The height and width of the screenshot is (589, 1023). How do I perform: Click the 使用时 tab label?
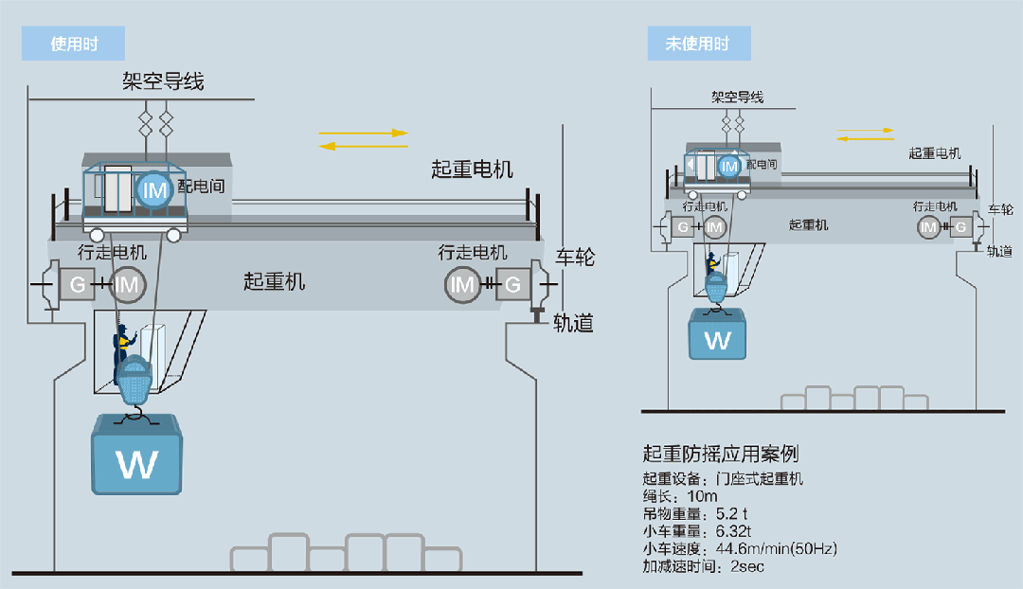[x=74, y=44]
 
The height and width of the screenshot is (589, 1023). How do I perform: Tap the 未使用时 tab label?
[x=697, y=44]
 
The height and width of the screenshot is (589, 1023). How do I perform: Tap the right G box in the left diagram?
[x=512, y=283]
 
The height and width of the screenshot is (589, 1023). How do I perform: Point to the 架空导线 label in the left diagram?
[x=163, y=81]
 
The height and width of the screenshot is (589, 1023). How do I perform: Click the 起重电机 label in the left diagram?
[x=472, y=169]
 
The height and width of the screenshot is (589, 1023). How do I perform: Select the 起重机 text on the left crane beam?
[x=275, y=280]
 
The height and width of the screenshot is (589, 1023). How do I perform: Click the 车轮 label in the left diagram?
[x=574, y=257]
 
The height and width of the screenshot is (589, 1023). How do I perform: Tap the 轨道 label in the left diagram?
[x=573, y=323]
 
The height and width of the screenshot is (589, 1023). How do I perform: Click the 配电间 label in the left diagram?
[x=202, y=186]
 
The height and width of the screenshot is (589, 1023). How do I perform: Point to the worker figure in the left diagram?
[x=121, y=348]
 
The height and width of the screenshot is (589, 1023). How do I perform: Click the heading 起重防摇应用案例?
[x=720, y=454]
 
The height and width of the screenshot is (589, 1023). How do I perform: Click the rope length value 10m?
[x=702, y=495]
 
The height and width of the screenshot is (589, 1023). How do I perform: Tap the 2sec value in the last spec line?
[x=747, y=566]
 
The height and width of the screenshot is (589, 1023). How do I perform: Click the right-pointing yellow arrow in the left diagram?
[x=364, y=134]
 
